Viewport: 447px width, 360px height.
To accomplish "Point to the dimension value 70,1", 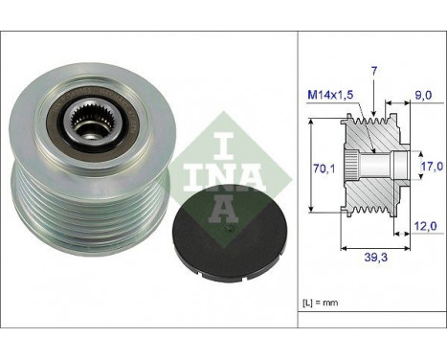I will click(x=326, y=169).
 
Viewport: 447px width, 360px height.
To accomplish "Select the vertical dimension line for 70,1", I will click(x=312, y=169).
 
